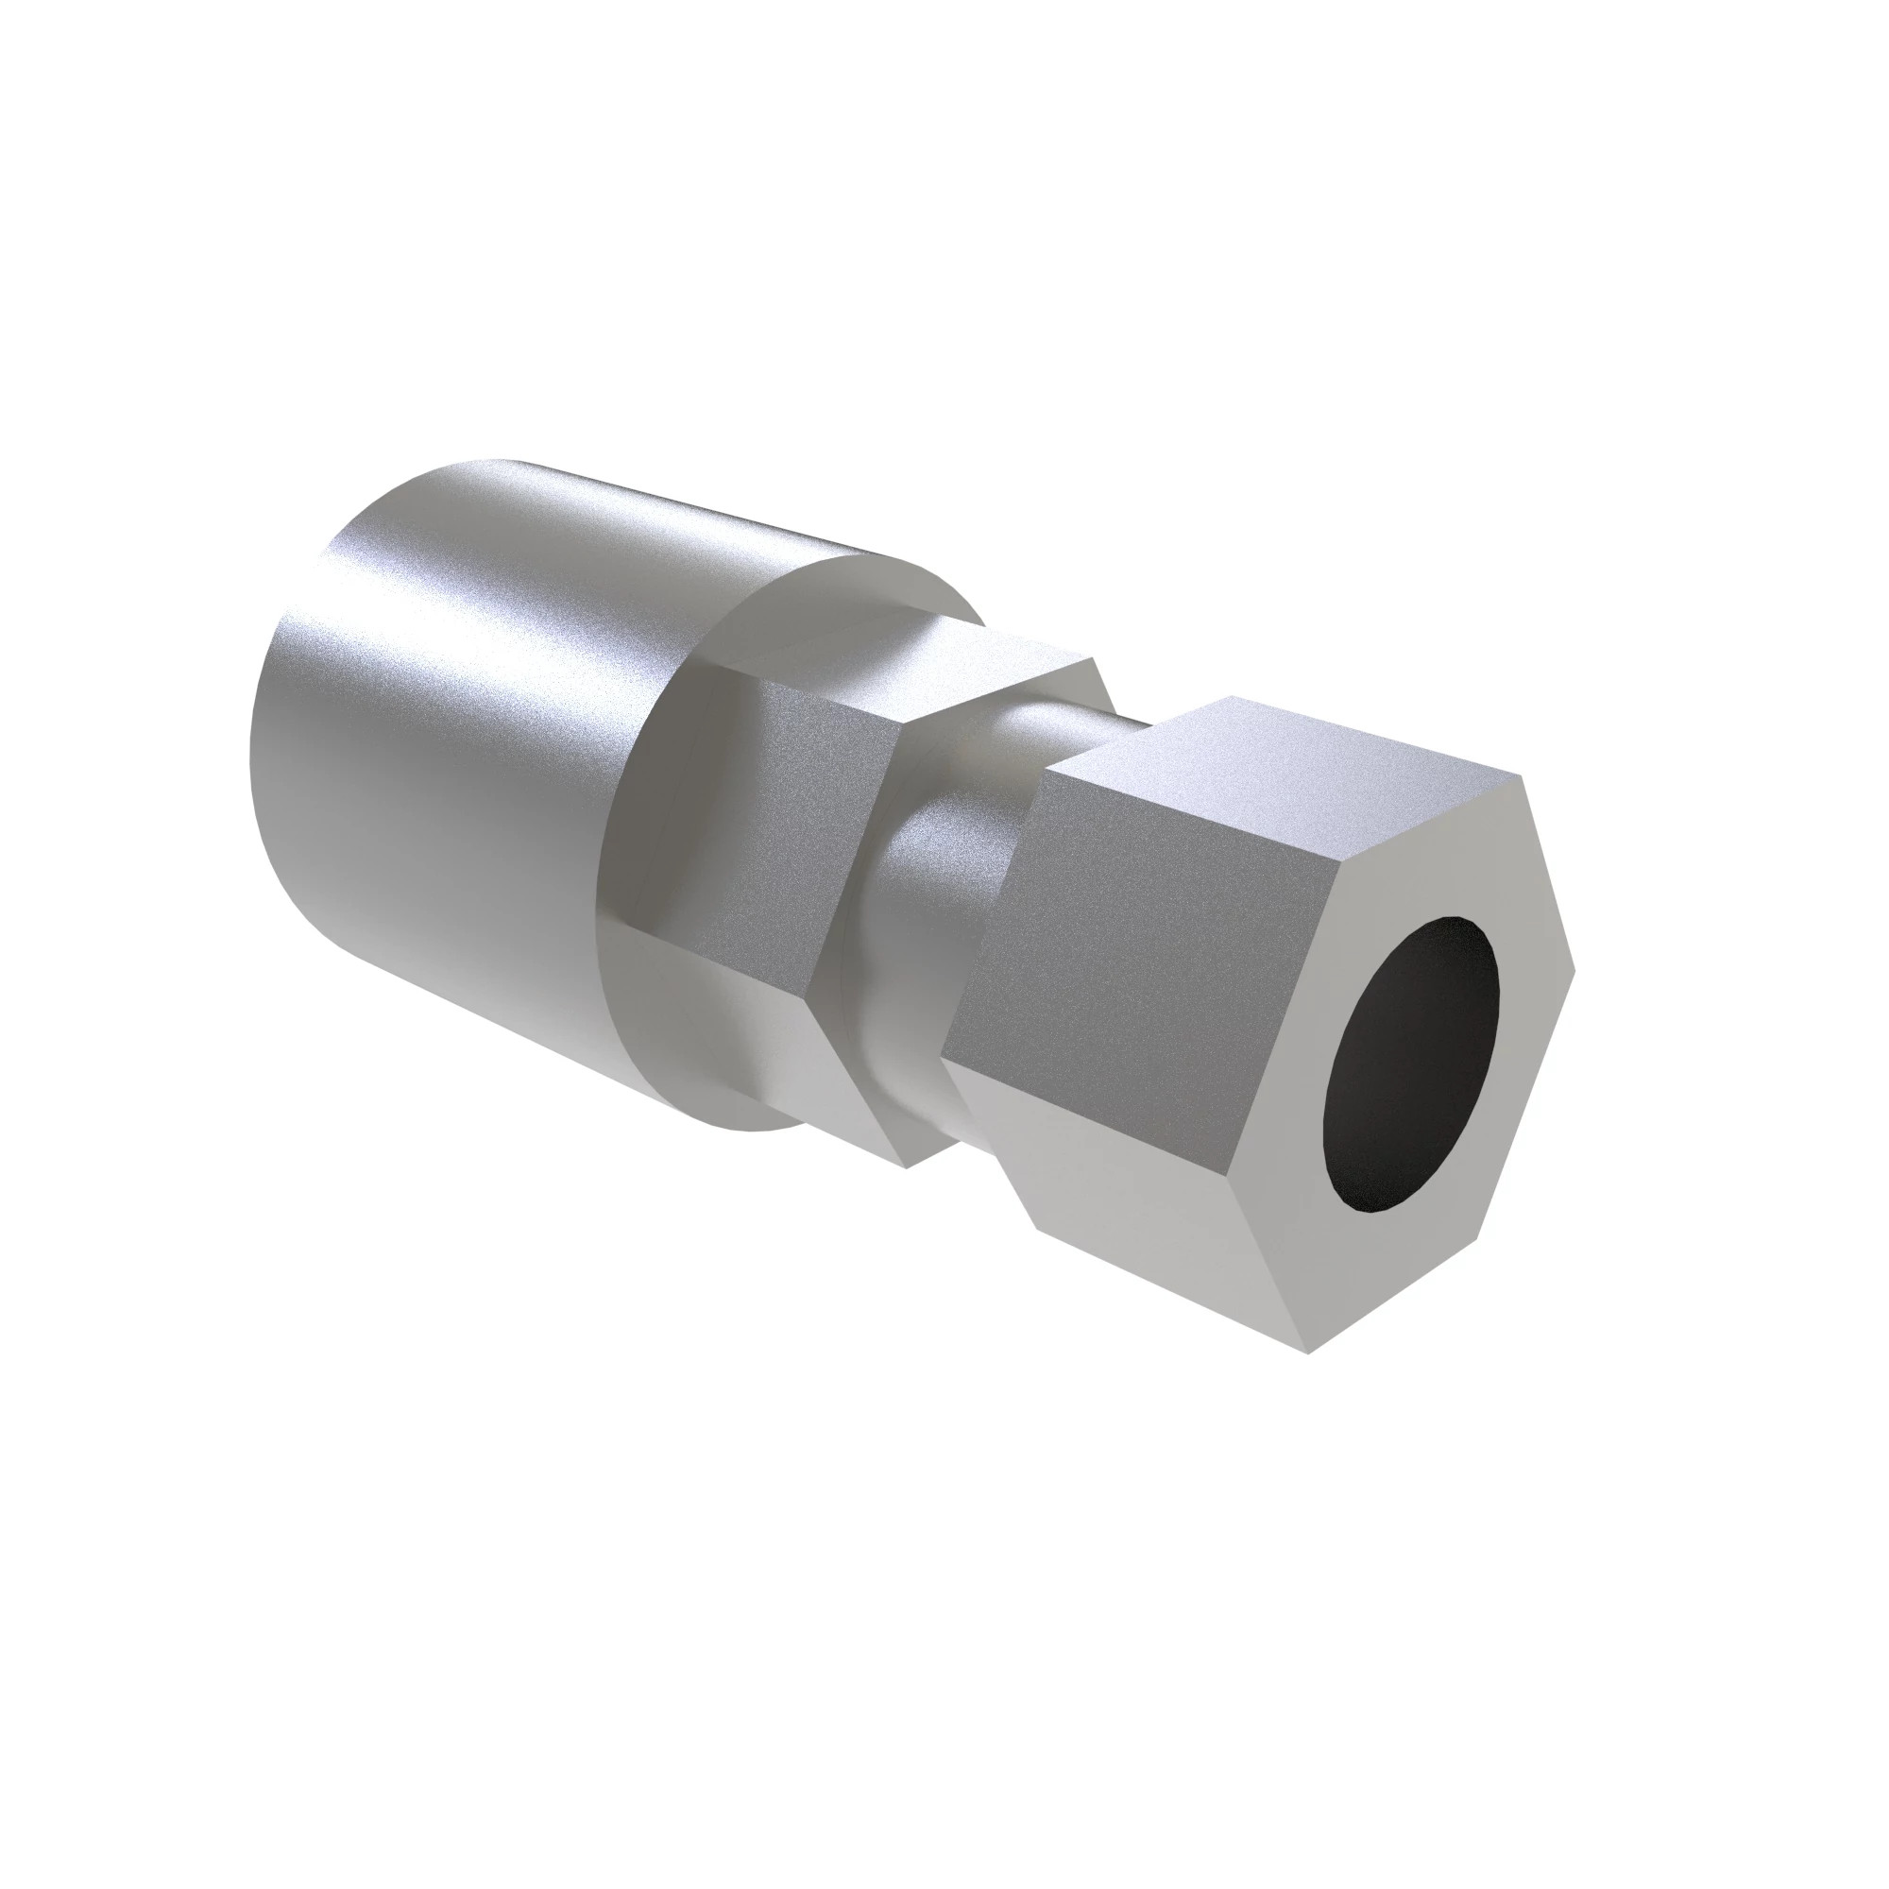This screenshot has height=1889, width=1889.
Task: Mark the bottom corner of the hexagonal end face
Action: point(1308,1353)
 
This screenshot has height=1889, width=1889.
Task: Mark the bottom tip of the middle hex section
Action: point(907,1166)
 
